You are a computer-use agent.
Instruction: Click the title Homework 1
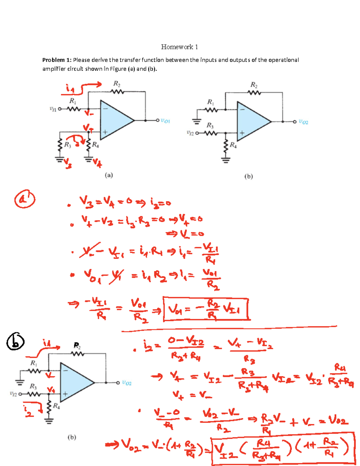[x=179, y=47]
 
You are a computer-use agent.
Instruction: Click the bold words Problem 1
[x=57, y=60]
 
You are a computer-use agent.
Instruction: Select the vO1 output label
[x=165, y=121]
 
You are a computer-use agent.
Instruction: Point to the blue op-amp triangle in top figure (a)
[x=114, y=120]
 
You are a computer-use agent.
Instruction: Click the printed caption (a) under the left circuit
[x=109, y=175]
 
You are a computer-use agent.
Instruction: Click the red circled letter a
[x=25, y=199]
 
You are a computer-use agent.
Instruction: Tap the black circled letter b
[x=16, y=342]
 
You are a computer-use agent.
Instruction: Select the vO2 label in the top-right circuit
[x=303, y=122]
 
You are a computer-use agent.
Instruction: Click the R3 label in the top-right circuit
[x=210, y=125]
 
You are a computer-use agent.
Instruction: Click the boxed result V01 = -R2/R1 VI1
[x=206, y=309]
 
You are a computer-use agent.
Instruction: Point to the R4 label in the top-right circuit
[x=233, y=145]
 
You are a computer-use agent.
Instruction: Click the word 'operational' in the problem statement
[x=283, y=60]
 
